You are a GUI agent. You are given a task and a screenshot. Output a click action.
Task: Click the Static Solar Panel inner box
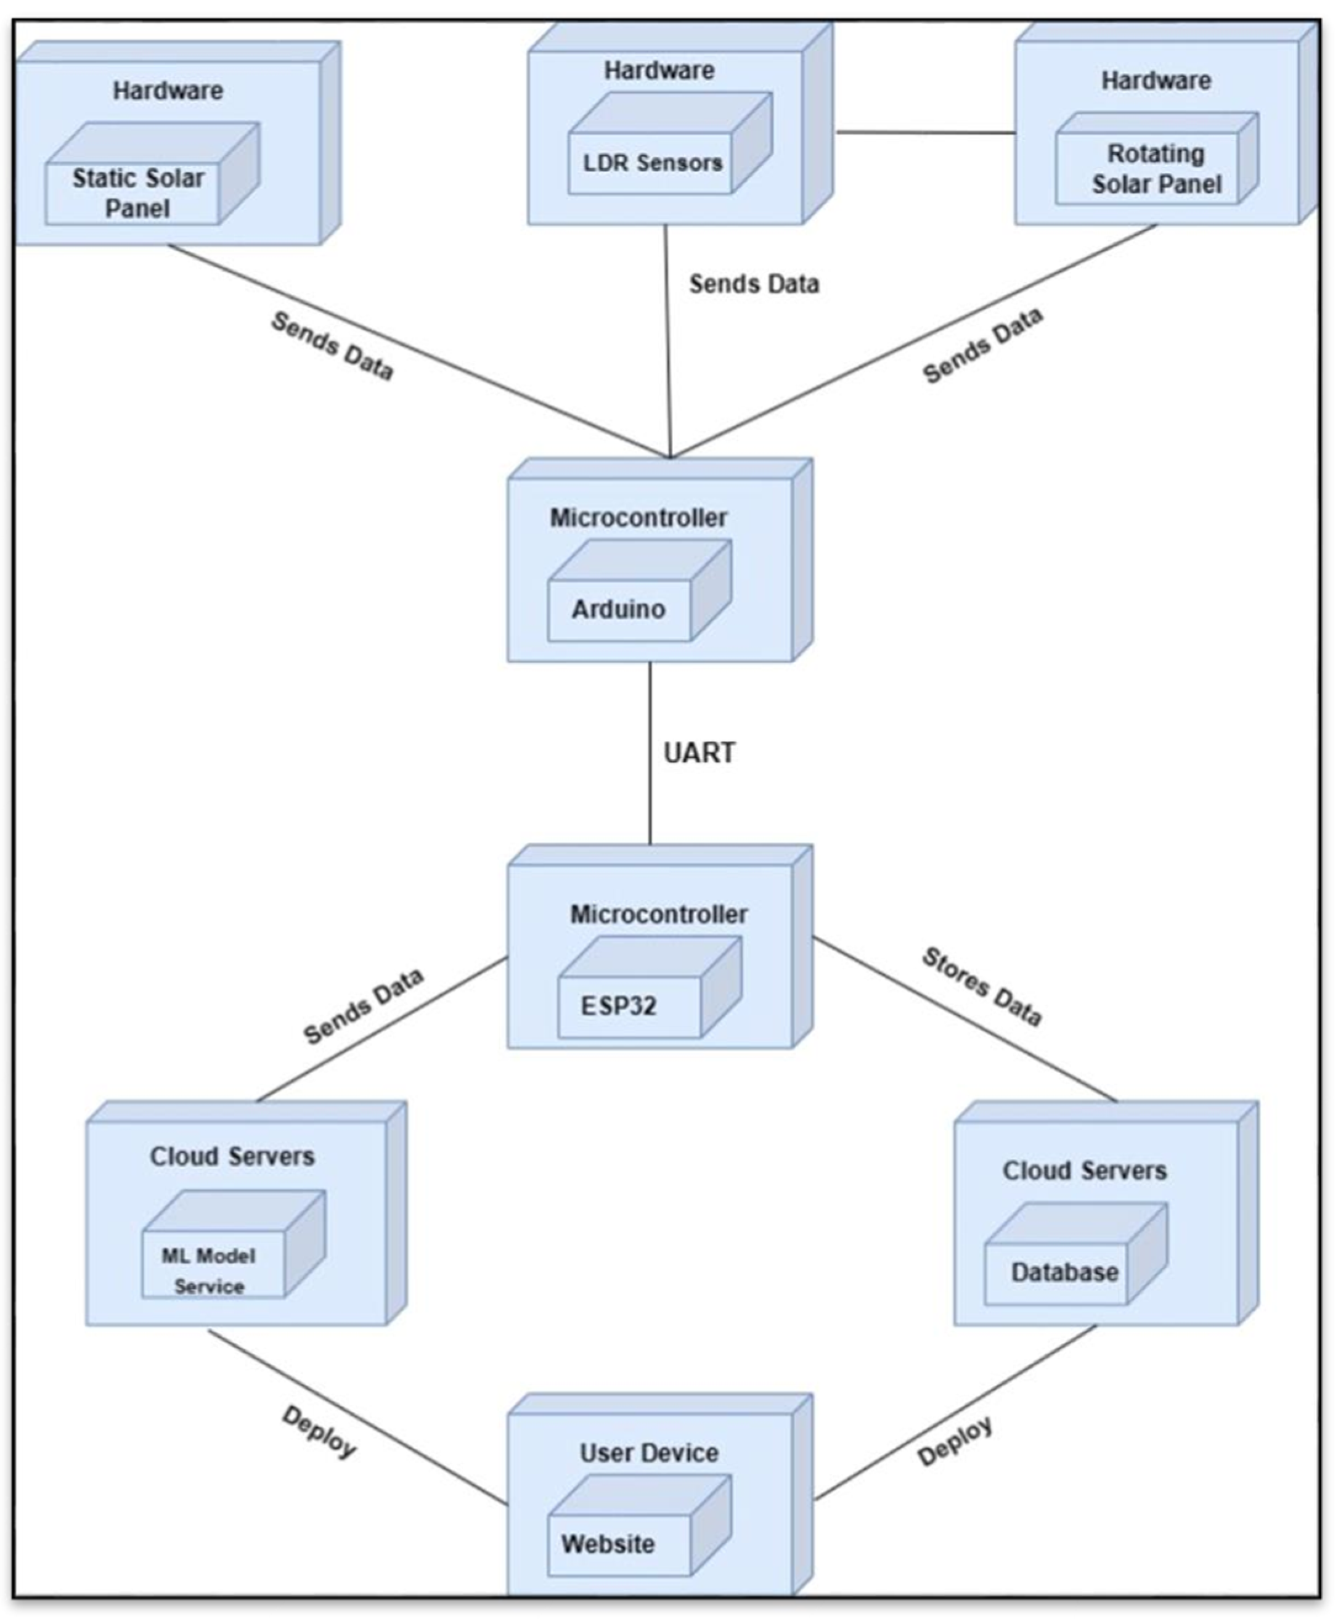[x=133, y=193]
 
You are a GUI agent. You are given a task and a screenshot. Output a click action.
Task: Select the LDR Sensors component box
[x=651, y=163]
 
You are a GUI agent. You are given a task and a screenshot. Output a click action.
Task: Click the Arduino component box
[x=619, y=609]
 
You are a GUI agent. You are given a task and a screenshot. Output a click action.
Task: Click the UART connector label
[x=698, y=753]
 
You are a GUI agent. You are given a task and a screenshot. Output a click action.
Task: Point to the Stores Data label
[x=981, y=987]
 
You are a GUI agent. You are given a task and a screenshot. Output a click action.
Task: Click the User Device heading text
[x=649, y=1453]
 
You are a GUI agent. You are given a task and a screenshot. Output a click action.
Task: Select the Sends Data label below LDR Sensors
[x=753, y=284]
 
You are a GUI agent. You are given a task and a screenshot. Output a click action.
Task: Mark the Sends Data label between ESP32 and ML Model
[x=363, y=1006]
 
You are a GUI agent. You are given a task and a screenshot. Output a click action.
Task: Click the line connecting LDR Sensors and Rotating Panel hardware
[x=925, y=133]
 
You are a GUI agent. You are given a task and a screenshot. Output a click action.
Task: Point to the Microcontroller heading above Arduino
[x=638, y=517]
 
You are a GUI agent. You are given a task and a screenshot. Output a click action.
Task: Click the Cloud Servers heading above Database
[x=1083, y=1171]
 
